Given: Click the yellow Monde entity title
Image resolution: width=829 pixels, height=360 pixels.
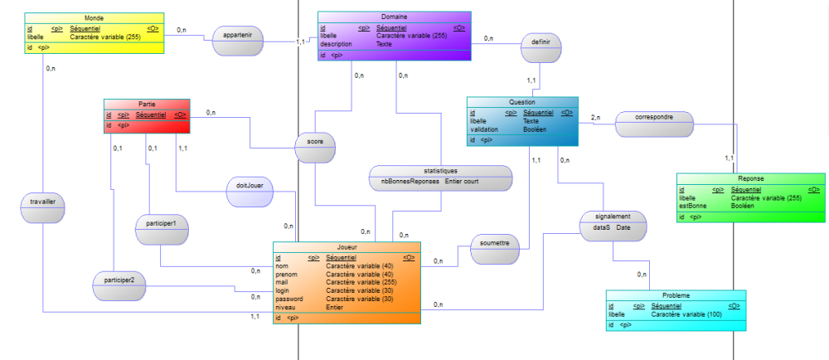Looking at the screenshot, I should tap(94, 17).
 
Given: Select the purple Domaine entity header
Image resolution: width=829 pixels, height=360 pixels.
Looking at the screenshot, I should tap(394, 17).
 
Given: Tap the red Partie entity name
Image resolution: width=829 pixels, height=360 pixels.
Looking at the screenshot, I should tap(147, 104).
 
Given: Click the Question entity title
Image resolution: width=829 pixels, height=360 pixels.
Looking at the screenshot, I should tap(522, 102).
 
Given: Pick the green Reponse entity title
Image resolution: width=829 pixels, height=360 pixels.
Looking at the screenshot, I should tap(750, 178).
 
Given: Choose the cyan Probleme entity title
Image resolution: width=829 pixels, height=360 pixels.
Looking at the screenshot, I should tap(676, 295).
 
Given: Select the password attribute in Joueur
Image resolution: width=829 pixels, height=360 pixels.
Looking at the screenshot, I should tap(289, 299).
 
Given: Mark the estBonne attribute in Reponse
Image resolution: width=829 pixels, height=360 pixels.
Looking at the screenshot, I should tap(692, 206).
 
